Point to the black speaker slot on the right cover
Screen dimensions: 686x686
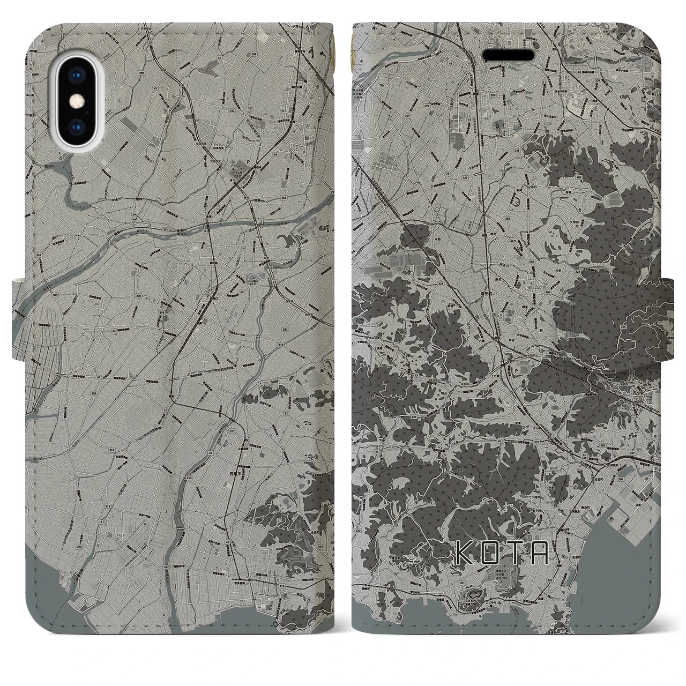(x=509, y=55)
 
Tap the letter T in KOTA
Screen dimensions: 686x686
(x=515, y=554)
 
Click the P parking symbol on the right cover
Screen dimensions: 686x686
(x=516, y=369)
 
